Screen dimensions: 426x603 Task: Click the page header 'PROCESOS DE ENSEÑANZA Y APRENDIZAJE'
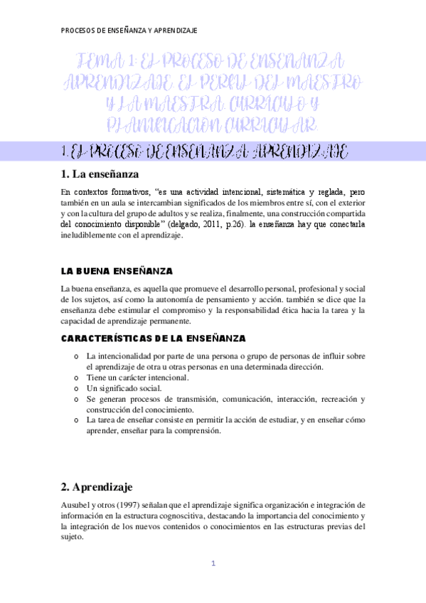[x=129, y=31]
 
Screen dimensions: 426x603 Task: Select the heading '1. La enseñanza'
[x=100, y=174]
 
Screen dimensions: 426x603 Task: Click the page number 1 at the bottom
[x=212, y=564]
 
